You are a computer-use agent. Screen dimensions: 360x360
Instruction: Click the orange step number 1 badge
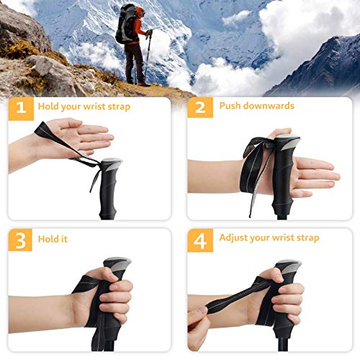point(21,107)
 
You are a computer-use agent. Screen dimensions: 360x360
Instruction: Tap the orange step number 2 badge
point(199,107)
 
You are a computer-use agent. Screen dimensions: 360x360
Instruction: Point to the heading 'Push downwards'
point(256,107)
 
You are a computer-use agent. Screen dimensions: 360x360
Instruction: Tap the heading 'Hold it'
point(55,238)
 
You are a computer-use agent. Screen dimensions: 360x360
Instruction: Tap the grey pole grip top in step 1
point(111,164)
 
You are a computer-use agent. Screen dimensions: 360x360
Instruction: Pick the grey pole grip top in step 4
point(286,266)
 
